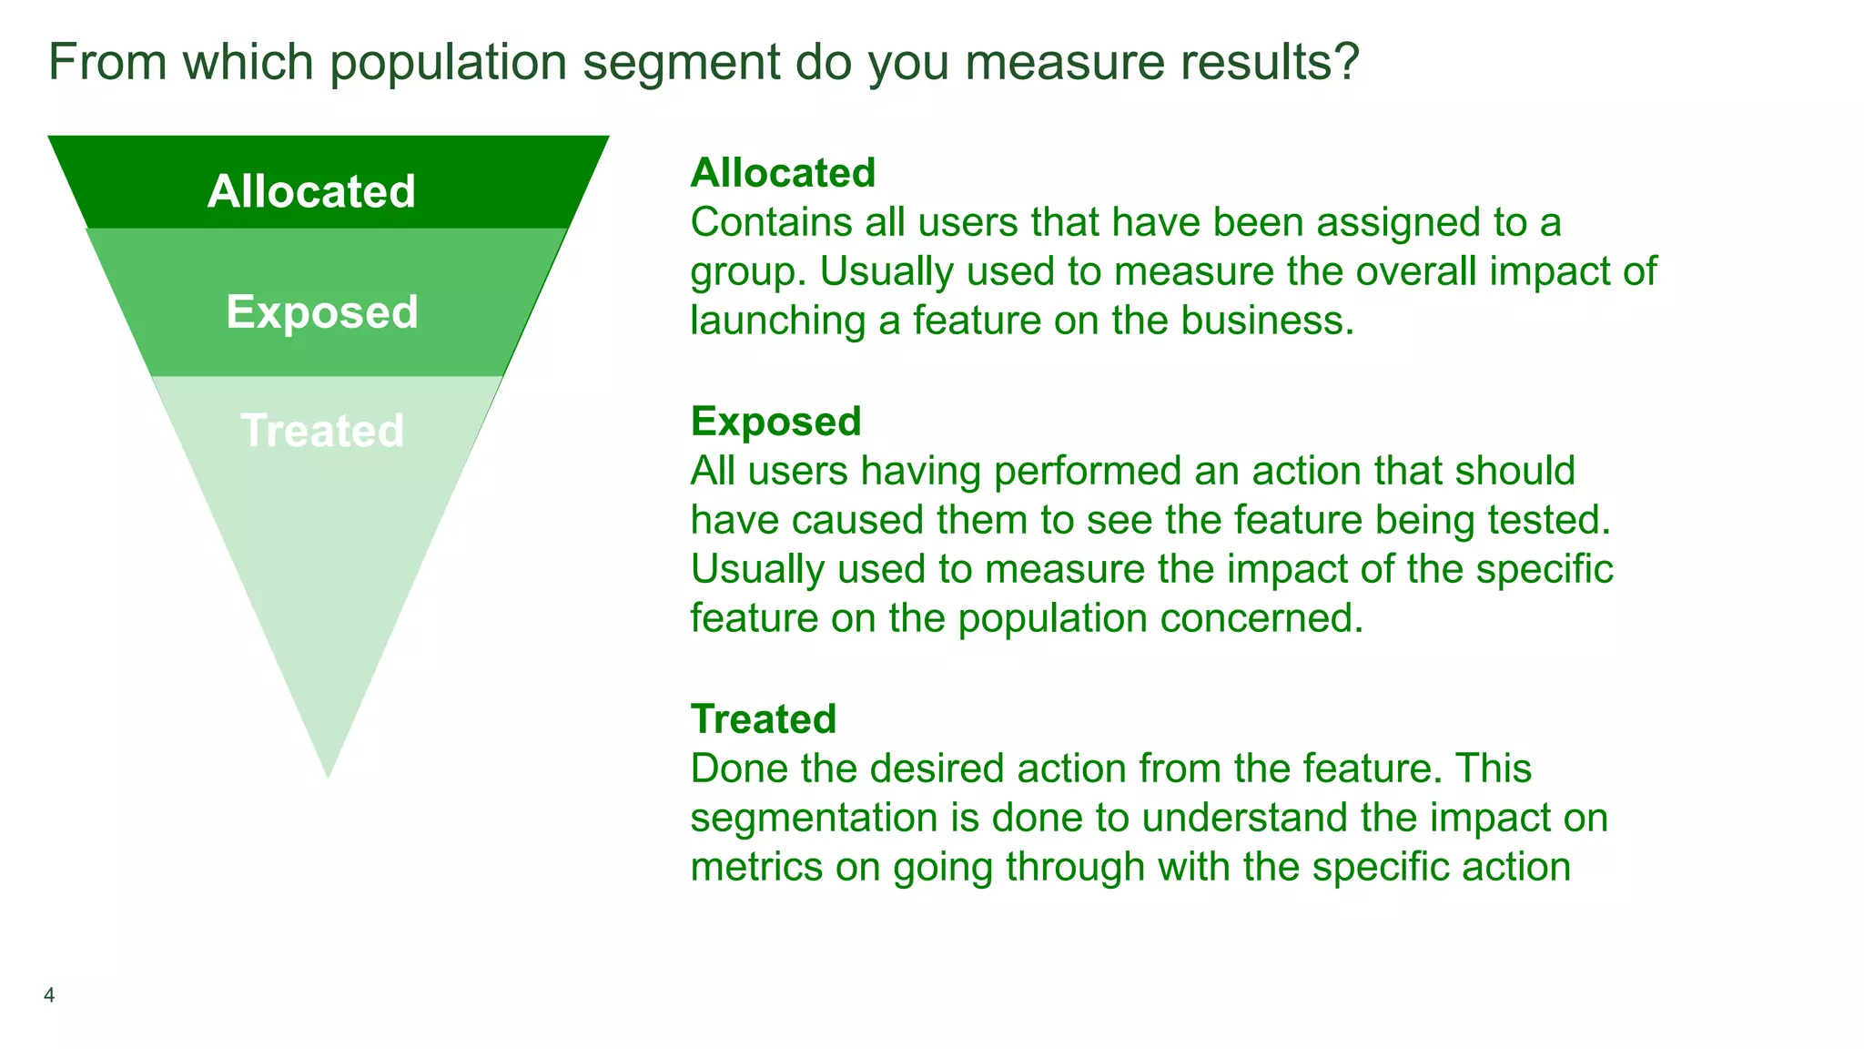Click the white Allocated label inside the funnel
pos(311,191)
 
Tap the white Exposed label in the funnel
pos(322,311)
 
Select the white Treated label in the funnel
pos(322,431)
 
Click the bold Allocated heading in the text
pos(783,173)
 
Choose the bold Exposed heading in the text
pos(775,422)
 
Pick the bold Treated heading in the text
pos(763,719)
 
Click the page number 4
pos(49,995)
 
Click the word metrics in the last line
pos(756,867)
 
